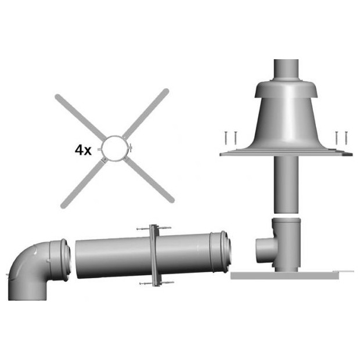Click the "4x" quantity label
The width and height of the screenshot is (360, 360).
coord(83,150)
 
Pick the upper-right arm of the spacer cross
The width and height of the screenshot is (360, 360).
coord(146,113)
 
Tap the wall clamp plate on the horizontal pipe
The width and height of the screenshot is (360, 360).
coord(154,255)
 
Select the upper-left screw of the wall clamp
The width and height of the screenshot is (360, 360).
coord(143,229)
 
